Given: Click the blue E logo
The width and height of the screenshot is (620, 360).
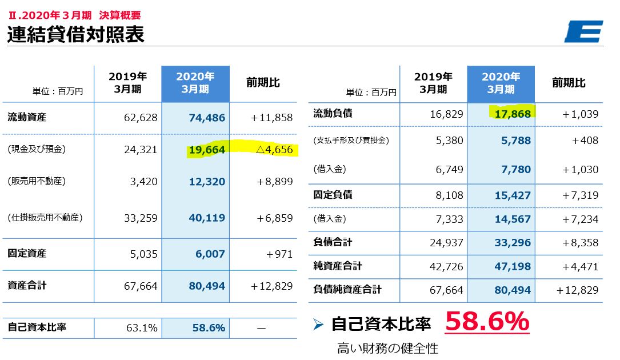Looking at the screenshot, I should pyautogui.click(x=583, y=31).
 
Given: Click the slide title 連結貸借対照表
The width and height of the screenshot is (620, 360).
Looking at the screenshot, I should pyautogui.click(x=75, y=34).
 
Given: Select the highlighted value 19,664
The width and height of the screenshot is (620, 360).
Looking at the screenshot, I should pyautogui.click(x=206, y=150).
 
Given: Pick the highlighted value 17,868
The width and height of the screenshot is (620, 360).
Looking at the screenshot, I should pyautogui.click(x=512, y=113).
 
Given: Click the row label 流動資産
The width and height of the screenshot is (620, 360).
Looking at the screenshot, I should pyautogui.click(x=27, y=118).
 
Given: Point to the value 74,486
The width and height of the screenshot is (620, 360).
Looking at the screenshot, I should pyautogui.click(x=206, y=118).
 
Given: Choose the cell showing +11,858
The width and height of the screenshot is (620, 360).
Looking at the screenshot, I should pyautogui.click(x=271, y=118).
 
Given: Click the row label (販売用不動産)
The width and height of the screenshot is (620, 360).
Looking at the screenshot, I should pyautogui.click(x=37, y=181).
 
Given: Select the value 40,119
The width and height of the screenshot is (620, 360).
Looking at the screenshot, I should pyautogui.click(x=206, y=218).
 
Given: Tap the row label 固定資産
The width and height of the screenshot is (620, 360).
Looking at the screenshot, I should pyautogui.click(x=27, y=253).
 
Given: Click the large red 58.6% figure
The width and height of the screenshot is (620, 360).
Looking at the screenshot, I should pyautogui.click(x=487, y=322).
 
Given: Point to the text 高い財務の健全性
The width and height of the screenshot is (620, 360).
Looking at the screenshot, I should pyautogui.click(x=387, y=348).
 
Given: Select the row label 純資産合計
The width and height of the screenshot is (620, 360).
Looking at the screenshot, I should pyautogui.click(x=337, y=266).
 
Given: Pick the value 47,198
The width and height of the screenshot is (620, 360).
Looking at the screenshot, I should pyautogui.click(x=512, y=266).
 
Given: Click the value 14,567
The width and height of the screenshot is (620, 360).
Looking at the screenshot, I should pyautogui.click(x=512, y=219).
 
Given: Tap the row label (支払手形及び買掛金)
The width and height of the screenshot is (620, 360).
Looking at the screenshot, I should pyautogui.click(x=351, y=140).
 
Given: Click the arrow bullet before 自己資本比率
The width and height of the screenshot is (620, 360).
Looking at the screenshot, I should pyautogui.click(x=319, y=325).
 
